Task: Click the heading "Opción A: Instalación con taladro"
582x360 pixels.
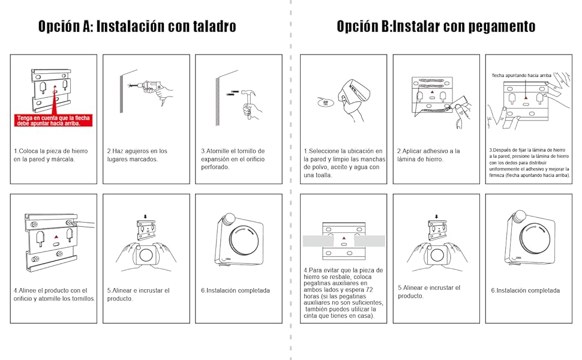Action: [137, 26]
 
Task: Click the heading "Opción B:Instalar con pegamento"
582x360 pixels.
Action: [436, 26]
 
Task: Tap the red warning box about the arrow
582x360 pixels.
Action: [53, 121]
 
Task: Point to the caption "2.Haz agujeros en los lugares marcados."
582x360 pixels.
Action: [137, 155]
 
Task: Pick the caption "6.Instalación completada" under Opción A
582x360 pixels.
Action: [235, 290]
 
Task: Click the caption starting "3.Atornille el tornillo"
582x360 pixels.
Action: [233, 159]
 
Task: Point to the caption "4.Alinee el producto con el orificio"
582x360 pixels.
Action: [54, 294]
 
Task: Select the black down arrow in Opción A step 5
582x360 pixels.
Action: [146, 217]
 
